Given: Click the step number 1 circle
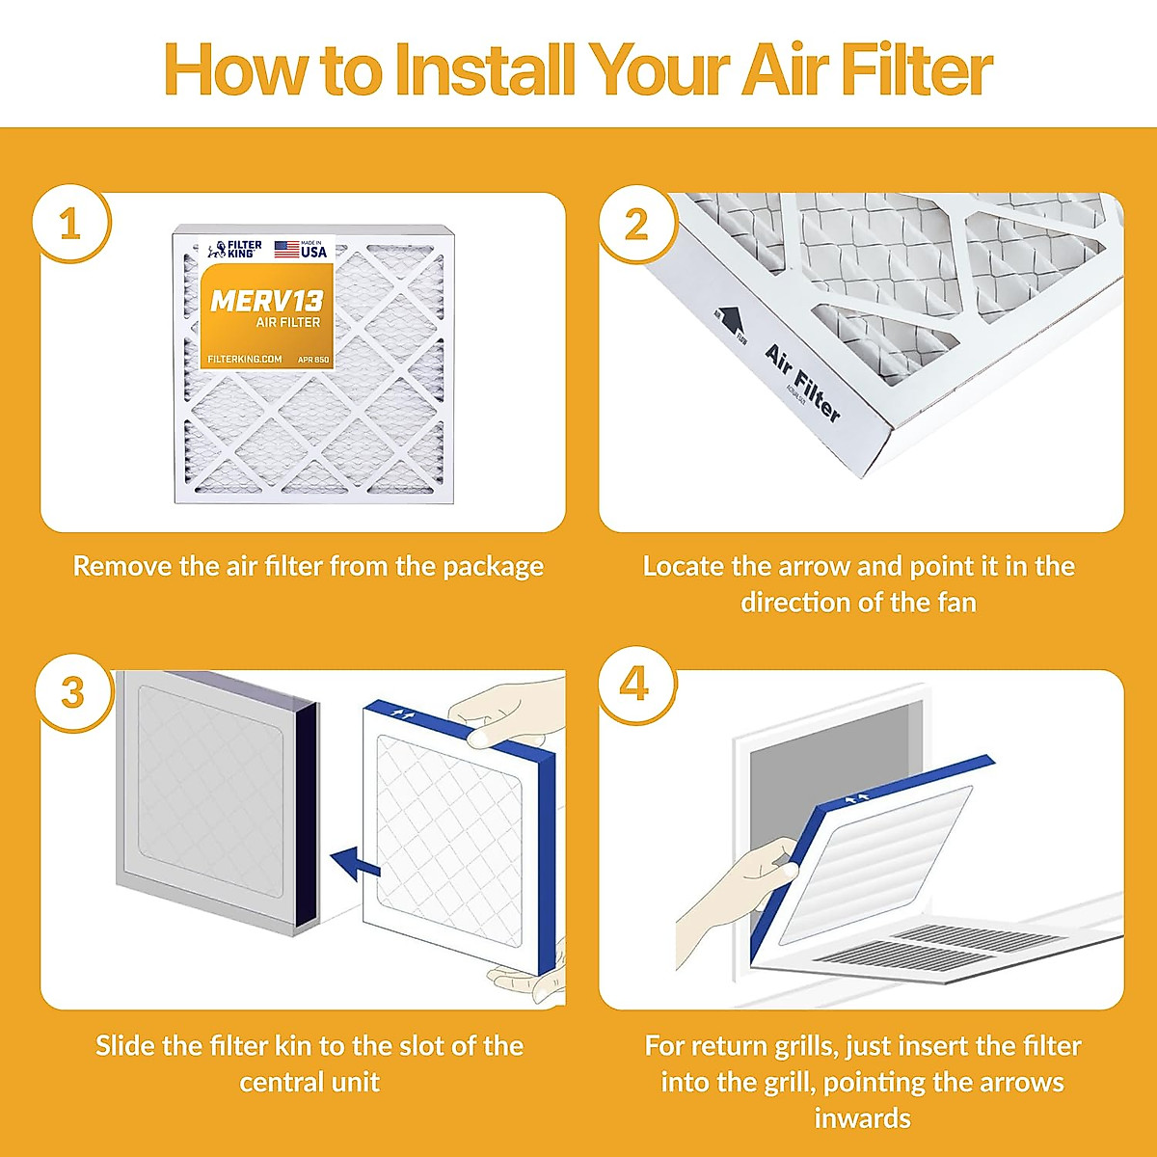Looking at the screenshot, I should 70,225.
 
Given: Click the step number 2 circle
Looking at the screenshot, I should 636,225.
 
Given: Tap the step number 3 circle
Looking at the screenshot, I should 73,692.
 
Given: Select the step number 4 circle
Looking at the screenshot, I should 634,685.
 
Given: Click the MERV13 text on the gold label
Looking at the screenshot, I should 266,301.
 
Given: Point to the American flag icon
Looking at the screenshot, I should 286,250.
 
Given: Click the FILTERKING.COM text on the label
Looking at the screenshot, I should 245,360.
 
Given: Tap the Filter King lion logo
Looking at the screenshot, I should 217,251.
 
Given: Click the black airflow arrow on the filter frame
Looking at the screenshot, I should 729,319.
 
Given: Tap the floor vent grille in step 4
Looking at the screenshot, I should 940,948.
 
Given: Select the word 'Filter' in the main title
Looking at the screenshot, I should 916,69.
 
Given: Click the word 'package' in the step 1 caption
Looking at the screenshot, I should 493,567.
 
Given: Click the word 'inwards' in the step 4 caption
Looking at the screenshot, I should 862,1118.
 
